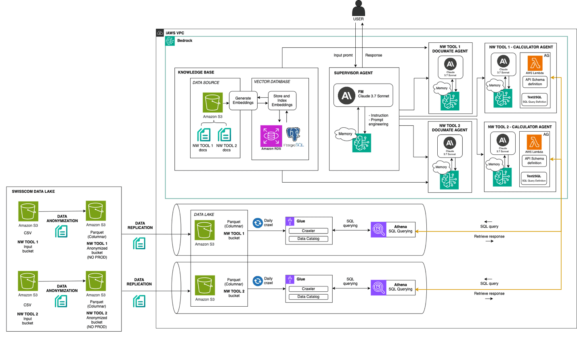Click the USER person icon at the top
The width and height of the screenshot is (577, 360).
(358, 8)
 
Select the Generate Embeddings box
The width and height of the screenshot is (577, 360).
(243, 101)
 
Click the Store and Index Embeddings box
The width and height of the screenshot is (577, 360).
(282, 101)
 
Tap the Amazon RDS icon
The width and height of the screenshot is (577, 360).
(271, 136)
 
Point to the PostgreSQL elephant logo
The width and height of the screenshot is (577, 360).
(293, 135)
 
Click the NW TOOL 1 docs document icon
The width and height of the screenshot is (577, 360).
(204, 135)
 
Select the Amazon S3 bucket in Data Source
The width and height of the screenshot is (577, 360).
(212, 103)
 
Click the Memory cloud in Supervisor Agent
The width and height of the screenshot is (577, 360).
(345, 134)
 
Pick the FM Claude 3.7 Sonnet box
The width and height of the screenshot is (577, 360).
(363, 95)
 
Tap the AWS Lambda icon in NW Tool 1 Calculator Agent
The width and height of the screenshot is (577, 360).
(535, 63)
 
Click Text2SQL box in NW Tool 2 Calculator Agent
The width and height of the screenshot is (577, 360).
(534, 178)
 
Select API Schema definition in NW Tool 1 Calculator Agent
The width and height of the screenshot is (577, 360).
(535, 82)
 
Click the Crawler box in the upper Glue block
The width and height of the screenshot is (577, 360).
(308, 231)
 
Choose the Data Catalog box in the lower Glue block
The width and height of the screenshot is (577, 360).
(308, 297)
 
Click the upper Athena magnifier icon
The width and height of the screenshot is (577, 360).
(378, 229)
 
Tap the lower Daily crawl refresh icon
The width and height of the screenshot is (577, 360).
(258, 281)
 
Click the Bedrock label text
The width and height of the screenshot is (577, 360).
(185, 41)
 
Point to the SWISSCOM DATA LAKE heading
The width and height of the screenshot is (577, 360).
(33, 192)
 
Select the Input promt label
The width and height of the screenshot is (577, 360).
(343, 55)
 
